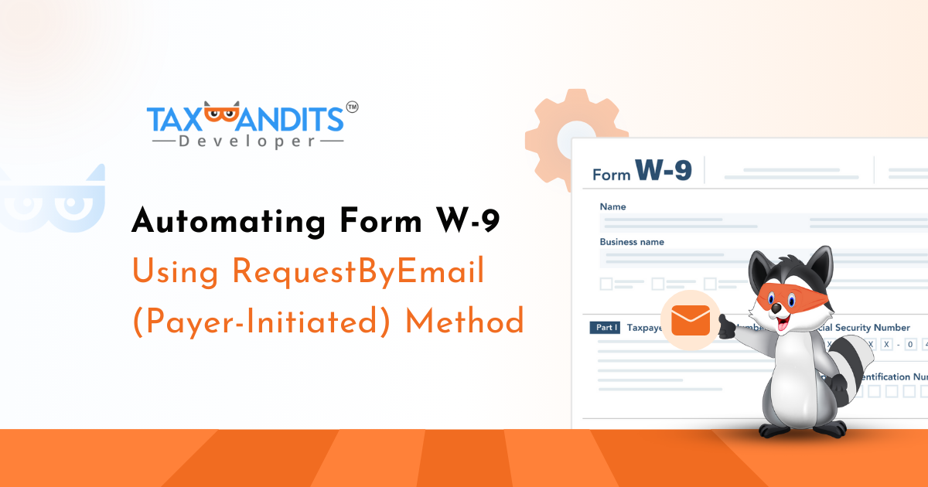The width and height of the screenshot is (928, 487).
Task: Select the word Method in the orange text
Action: [x=465, y=320]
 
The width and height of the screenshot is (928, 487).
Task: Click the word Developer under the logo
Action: [x=247, y=141]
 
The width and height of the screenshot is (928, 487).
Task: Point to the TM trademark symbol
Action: [x=351, y=109]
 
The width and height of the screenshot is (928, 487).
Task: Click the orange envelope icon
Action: [x=691, y=321]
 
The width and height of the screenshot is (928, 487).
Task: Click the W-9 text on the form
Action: [x=663, y=169]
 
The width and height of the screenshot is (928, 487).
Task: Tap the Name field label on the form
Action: [x=612, y=207]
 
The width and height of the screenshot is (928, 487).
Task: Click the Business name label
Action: [x=632, y=242]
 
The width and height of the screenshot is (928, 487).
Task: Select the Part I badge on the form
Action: [x=605, y=328]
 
